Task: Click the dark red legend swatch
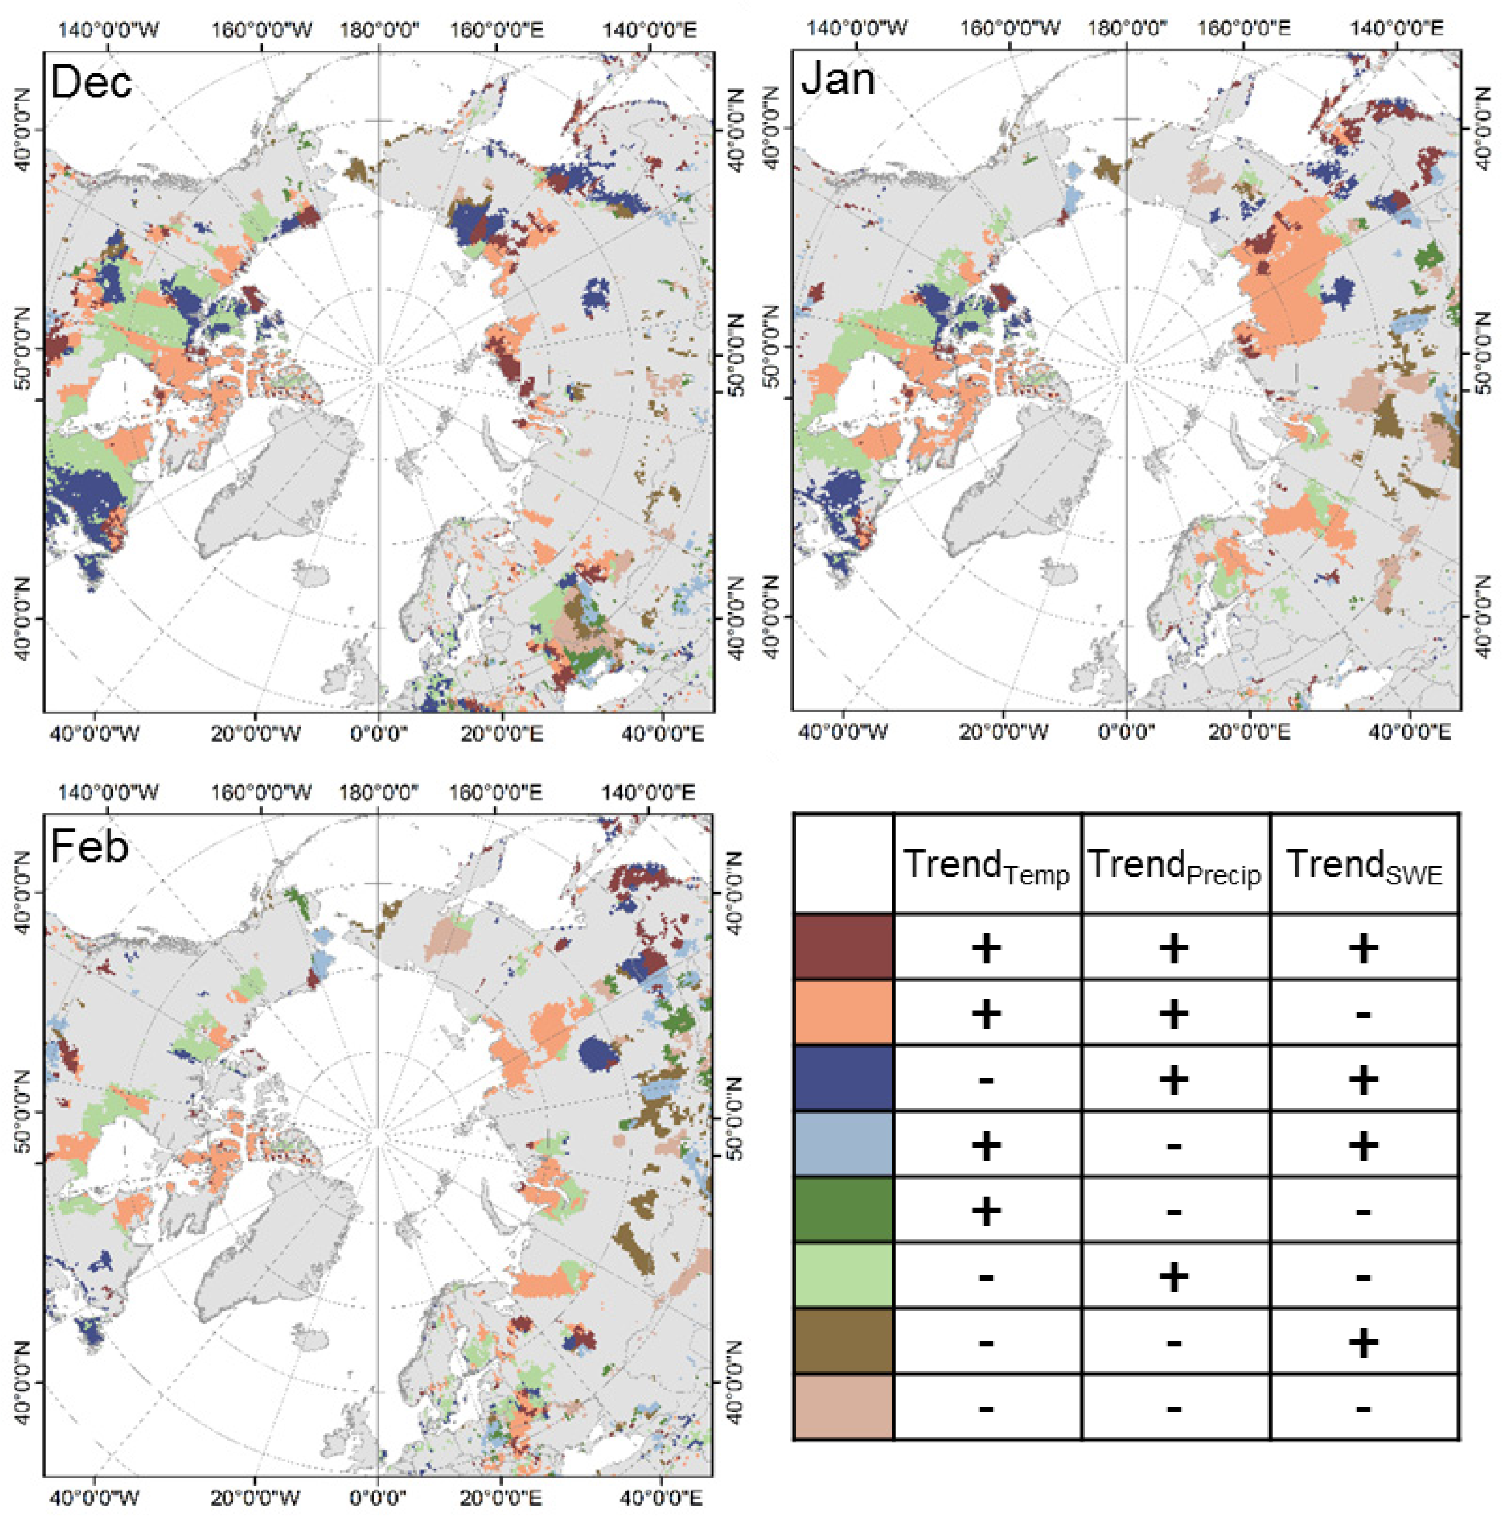click(x=843, y=946)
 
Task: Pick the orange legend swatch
click(x=843, y=1012)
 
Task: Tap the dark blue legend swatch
click(x=843, y=1078)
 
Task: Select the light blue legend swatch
click(x=843, y=1144)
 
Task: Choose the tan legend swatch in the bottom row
click(x=843, y=1407)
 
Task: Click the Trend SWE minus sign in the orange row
click(x=1364, y=1015)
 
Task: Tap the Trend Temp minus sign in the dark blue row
click(x=987, y=1081)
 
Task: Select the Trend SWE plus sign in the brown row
click(x=1364, y=1342)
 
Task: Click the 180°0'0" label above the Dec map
click(x=379, y=30)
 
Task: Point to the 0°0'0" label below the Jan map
click(x=1126, y=733)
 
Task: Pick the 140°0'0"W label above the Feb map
click(x=109, y=793)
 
